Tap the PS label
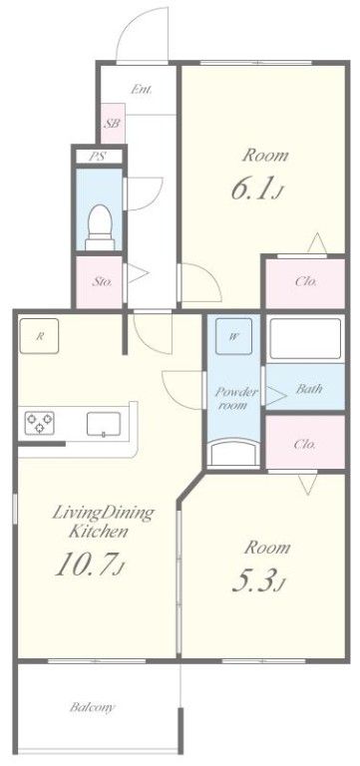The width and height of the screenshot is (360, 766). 99,158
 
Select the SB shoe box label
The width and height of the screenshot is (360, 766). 113,124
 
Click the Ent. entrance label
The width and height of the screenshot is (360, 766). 142,90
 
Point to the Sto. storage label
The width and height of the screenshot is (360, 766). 103,282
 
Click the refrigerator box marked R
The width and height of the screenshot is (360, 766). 39,336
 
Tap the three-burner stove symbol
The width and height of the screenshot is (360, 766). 40,423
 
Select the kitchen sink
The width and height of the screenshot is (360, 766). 104,424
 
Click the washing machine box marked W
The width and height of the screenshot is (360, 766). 234,336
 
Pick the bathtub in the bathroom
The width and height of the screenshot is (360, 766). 305,338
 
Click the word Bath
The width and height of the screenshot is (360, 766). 310,389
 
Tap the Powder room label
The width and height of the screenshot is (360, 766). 232,398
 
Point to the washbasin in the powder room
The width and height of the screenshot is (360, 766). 233,453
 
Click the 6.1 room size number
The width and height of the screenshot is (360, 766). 251,190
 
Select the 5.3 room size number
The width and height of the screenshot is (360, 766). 253,580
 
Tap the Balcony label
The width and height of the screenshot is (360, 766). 93,707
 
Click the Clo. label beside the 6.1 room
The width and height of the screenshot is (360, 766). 306,281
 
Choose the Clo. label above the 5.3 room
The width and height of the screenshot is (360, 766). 306,445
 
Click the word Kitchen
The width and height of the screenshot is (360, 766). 99,531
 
